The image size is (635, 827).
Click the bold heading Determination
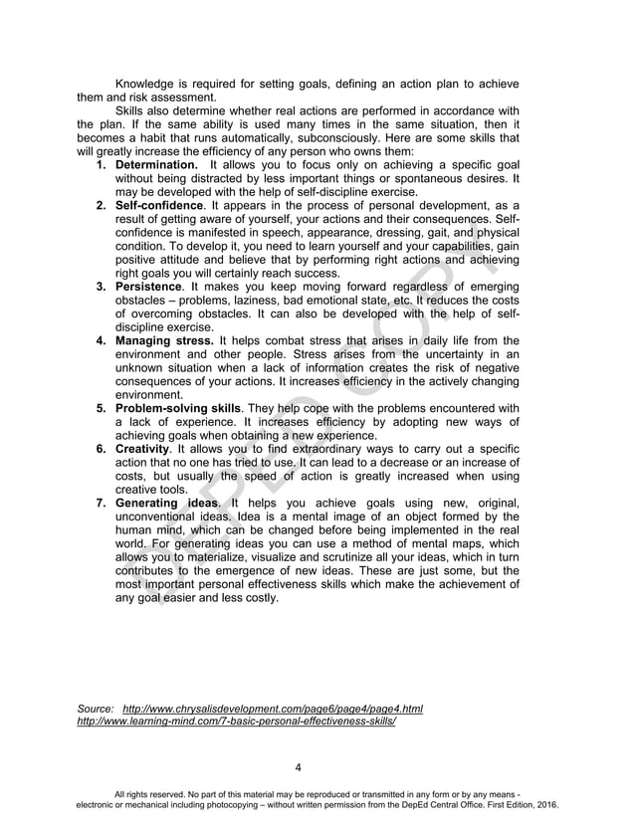pyautogui.click(x=157, y=164)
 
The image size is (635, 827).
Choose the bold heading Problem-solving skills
pyautogui.click(x=178, y=408)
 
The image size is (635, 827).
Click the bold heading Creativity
pyautogui.click(x=144, y=449)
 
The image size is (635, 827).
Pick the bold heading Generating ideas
pyautogui.click(x=165, y=504)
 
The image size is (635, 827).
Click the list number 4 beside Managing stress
pyautogui.click(x=102, y=340)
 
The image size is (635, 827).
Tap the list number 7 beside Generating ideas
pyautogui.click(x=102, y=504)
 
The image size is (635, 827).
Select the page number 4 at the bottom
pyautogui.click(x=299, y=767)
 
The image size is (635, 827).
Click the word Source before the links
pyautogui.click(x=96, y=709)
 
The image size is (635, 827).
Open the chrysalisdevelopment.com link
pyautogui.click(x=272, y=709)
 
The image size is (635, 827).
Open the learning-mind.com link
pyautogui.click(x=236, y=722)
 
